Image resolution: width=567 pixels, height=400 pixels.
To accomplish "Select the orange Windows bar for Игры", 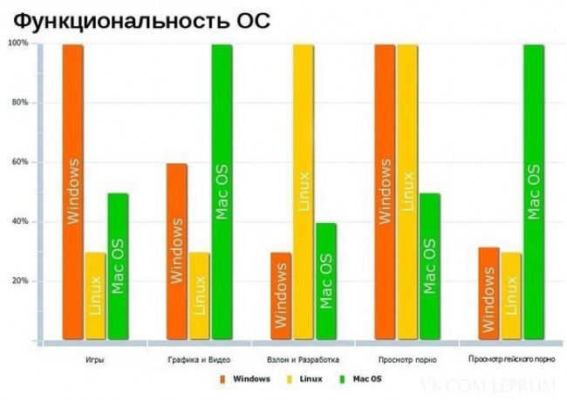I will [x=73, y=192].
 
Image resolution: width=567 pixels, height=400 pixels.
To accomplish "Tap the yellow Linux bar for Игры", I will [x=95, y=296].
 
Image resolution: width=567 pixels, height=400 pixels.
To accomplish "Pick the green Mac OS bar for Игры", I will [x=118, y=266].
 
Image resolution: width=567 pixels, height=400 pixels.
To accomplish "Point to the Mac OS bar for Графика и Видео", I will [x=222, y=192].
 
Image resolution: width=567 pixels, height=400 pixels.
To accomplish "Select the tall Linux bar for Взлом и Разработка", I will [x=303, y=192].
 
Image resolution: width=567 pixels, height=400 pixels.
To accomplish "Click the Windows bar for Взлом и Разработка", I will [x=280, y=296].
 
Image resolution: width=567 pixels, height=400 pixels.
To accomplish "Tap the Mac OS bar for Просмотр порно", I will [x=430, y=266].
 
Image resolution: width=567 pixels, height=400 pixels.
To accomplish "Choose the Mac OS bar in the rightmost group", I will [x=534, y=192].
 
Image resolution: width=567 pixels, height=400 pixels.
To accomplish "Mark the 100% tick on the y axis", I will [x=18, y=43].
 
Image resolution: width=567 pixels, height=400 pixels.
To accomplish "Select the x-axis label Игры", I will [x=97, y=358].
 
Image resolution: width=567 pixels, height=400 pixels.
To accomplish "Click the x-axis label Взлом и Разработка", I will [x=303, y=358].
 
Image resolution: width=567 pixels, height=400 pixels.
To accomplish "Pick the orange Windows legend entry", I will [x=246, y=379].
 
